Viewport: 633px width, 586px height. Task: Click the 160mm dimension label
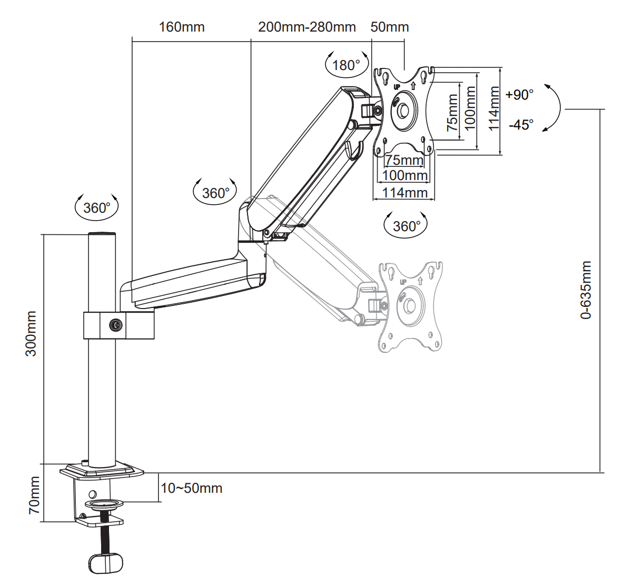tap(182, 27)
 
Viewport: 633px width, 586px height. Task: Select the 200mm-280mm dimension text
tap(307, 27)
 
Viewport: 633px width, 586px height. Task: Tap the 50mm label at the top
tap(390, 27)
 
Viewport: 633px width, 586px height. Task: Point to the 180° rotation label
tap(346, 65)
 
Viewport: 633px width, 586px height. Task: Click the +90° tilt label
tap(520, 95)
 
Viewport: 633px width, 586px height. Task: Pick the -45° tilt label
tap(521, 125)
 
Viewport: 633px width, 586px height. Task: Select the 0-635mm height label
tap(586, 290)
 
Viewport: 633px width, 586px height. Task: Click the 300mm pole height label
tap(31, 334)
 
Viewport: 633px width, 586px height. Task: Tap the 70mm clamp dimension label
tap(34, 495)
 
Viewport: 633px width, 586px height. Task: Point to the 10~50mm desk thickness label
tap(192, 489)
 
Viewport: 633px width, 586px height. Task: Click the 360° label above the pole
tap(97, 208)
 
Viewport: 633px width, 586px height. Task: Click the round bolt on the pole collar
tap(115, 325)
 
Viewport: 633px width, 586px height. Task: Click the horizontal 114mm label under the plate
tap(405, 193)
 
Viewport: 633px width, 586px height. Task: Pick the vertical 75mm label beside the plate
tap(452, 113)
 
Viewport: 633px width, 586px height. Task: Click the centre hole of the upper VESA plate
tap(403, 111)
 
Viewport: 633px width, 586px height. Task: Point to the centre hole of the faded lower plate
tap(410, 306)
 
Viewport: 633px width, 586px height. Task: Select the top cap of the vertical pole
tap(102, 234)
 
